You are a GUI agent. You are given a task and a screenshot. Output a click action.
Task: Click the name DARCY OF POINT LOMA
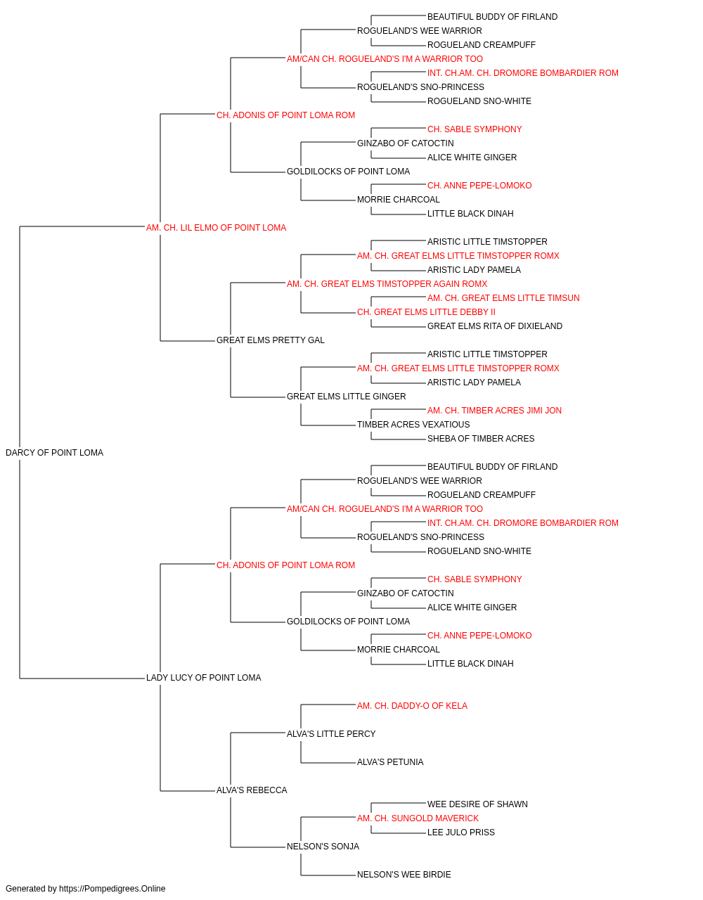point(54,453)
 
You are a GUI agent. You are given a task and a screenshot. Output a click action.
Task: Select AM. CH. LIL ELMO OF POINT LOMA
point(216,228)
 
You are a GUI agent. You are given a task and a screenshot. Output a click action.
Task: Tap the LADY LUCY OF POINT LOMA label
point(204,678)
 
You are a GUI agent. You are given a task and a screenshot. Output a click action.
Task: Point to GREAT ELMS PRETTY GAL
point(271,340)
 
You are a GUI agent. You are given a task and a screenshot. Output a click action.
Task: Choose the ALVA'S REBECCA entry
point(252,790)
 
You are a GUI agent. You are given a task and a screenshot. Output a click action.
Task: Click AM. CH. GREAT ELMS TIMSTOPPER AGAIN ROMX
point(387,283)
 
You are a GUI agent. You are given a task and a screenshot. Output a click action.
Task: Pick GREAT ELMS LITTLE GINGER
point(346,397)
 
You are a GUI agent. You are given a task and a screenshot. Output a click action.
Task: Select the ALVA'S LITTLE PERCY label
point(331,734)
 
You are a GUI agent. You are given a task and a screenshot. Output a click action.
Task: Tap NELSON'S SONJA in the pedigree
point(323,847)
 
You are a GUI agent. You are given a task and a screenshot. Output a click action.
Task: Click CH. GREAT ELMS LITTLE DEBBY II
point(426,312)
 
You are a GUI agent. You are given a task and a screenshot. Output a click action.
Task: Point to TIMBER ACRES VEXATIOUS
point(413,425)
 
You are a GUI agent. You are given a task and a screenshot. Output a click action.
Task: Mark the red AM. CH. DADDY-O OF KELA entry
point(413,706)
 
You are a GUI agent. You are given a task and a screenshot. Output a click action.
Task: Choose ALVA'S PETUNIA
point(390,762)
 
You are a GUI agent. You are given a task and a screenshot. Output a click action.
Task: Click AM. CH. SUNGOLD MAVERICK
point(418,818)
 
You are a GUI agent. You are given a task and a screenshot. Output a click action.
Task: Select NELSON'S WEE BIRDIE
point(404,875)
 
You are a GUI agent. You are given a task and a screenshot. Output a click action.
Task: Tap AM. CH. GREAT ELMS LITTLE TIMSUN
point(503,298)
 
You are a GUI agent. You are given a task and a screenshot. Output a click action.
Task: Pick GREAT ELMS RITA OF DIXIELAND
point(495,326)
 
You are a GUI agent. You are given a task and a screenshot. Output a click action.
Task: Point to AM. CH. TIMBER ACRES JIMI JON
point(494,411)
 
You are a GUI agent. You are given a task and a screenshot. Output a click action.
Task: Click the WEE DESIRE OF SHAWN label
point(477,804)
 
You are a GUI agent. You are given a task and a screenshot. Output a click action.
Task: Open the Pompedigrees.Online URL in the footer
point(112,889)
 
